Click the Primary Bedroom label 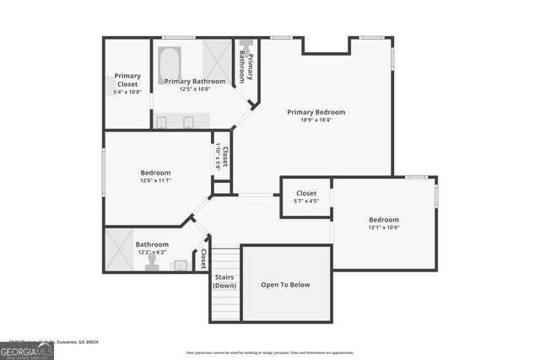316,112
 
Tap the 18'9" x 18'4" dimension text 316,121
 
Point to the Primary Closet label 127,81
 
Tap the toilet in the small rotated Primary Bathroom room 246,46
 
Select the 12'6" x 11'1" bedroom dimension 155,180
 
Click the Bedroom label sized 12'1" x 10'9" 383,219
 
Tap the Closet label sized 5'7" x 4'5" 305,194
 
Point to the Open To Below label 285,285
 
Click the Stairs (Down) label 224,281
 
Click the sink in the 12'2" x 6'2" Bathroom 180,266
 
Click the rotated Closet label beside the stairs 203,259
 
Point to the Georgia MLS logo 26,350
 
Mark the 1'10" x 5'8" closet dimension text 218,157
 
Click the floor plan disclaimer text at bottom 269,353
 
